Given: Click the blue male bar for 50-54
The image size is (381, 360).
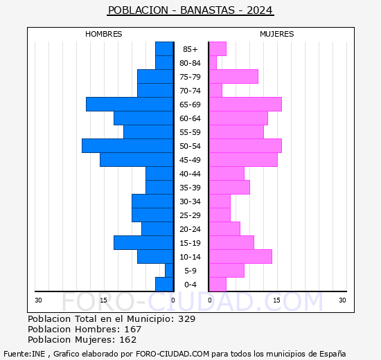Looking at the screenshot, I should click(x=127, y=145).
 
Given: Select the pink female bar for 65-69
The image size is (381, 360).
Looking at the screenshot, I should click(x=245, y=104).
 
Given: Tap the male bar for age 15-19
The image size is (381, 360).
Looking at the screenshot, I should click(x=143, y=242).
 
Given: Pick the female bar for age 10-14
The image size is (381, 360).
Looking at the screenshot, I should click(x=240, y=256).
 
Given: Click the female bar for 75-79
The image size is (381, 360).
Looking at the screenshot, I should click(x=233, y=76).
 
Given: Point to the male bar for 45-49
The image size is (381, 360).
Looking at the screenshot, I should click(x=136, y=159).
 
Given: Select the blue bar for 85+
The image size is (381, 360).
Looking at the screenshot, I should click(x=164, y=48).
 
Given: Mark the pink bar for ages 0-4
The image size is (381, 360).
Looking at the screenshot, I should click(x=218, y=284).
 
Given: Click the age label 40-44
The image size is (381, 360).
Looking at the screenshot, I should click(x=190, y=174).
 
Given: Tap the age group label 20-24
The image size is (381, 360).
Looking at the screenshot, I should click(x=190, y=229).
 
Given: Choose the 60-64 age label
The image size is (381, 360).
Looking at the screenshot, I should click(x=190, y=118).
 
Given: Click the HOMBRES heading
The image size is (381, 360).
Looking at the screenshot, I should click(x=104, y=34).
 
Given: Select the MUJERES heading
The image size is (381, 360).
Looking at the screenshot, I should click(x=277, y=34).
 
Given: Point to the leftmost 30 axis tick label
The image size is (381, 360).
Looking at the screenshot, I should click(x=38, y=300).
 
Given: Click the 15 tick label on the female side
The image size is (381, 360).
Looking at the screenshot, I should click(x=276, y=300).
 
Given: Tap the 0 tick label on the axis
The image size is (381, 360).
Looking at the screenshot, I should click(x=173, y=300).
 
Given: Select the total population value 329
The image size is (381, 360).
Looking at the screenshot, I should click(x=186, y=319).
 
